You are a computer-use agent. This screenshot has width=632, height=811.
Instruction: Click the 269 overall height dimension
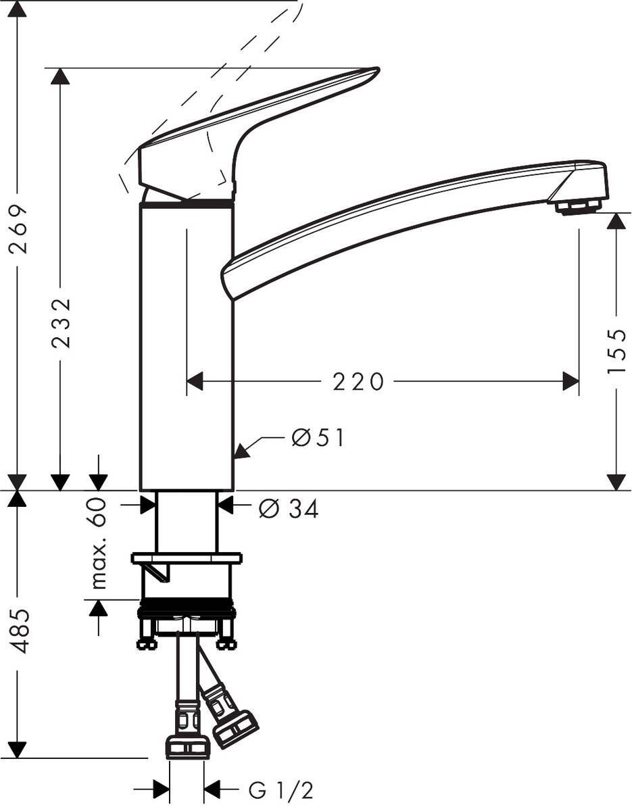tap(21, 228)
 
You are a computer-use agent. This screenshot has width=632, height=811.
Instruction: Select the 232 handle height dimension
tap(62, 322)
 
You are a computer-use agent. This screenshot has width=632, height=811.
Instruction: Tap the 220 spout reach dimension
tap(358, 382)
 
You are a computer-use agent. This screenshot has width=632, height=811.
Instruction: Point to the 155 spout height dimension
tap(616, 351)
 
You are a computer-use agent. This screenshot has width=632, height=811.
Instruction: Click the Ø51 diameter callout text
tap(318, 438)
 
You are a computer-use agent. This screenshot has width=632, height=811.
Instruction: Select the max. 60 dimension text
tap(99, 543)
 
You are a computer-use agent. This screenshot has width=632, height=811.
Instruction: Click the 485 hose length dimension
tap(21, 631)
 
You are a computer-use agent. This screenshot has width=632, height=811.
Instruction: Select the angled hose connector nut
tap(235, 728)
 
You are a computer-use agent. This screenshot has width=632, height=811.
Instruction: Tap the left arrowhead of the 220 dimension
tap(195, 382)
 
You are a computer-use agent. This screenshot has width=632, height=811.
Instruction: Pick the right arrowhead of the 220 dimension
tap(571, 382)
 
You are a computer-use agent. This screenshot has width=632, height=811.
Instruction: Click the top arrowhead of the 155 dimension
tap(616, 222)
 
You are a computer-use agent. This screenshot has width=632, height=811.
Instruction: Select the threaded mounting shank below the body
tap(187, 522)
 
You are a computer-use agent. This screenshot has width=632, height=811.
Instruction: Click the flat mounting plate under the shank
tap(187, 558)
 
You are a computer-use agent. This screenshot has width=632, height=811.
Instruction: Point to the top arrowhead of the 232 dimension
tap(60, 76)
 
